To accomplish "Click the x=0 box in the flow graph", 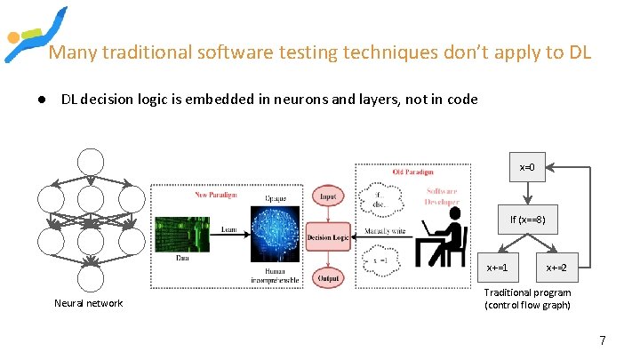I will tap(527, 167).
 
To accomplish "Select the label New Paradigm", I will tap(216, 194).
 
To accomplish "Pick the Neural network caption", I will tap(89, 304).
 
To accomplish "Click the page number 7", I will tap(603, 340).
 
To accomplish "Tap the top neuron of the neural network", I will tap(90, 162).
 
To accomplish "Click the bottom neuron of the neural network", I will tap(90, 279).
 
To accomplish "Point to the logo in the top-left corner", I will tap(34, 36).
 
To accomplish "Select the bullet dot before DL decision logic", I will tap(42, 100).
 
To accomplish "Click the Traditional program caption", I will tap(527, 299).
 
